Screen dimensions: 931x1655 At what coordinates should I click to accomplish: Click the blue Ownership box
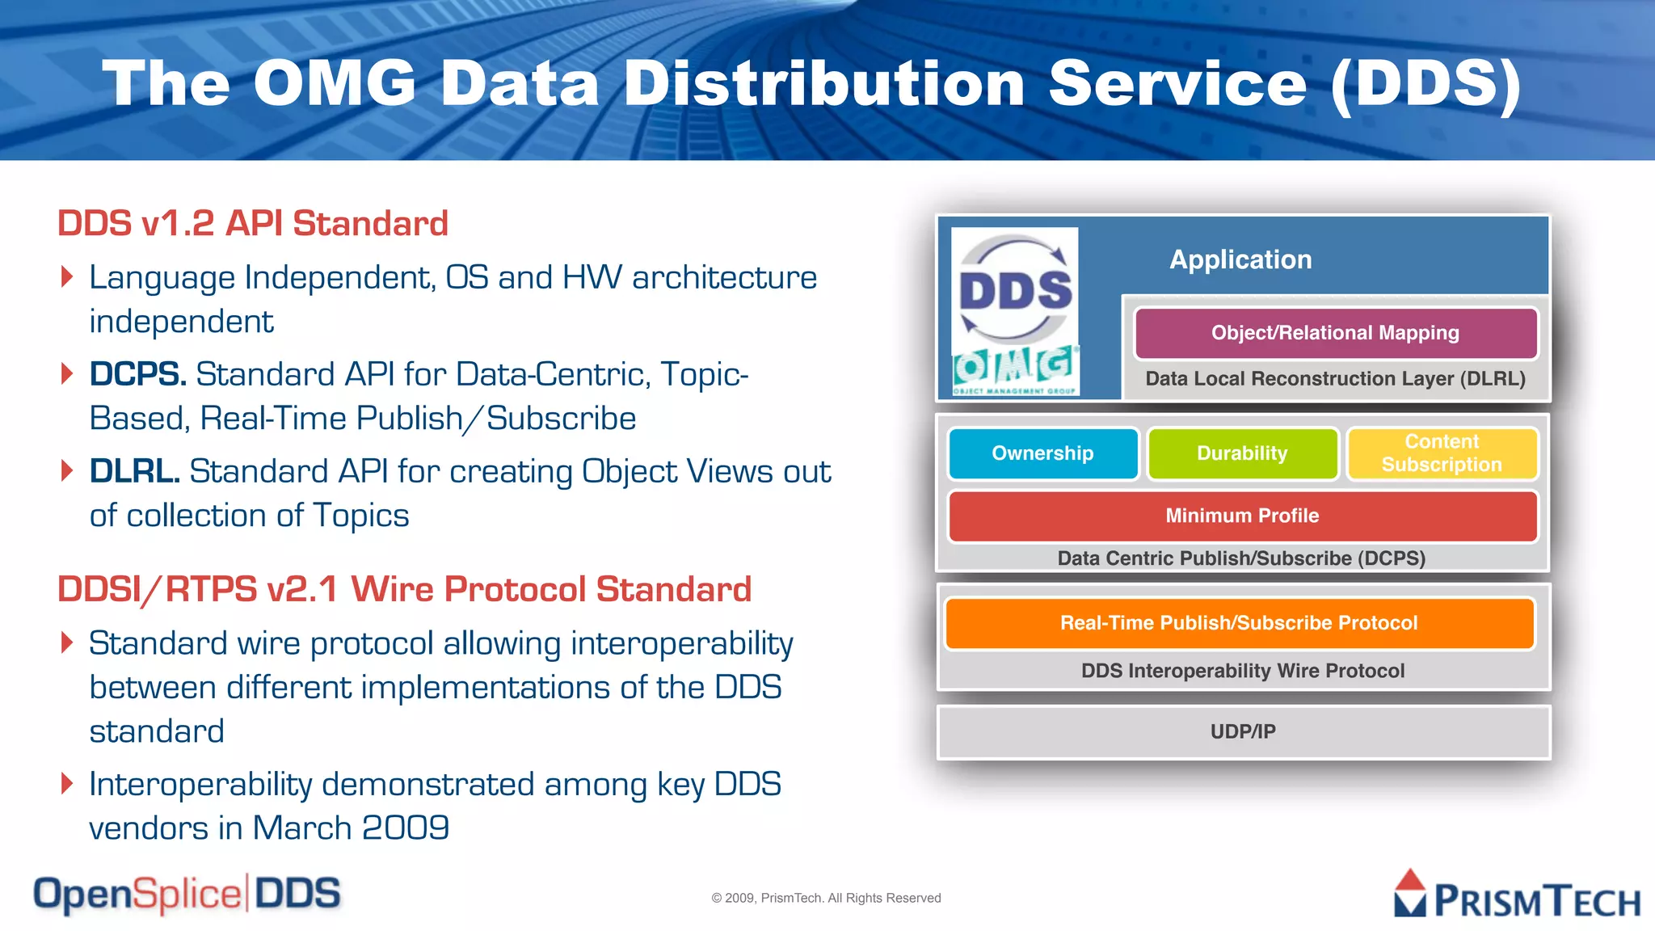tap(1042, 453)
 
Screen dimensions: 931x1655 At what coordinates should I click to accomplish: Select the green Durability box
tap(1242, 453)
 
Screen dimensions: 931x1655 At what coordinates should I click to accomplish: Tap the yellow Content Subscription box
tap(1442, 453)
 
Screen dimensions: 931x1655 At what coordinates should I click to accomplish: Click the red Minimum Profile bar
tap(1242, 516)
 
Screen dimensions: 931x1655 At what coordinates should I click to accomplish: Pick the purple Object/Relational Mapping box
tap(1335, 333)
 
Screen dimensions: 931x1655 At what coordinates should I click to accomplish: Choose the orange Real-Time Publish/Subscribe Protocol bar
tap(1239, 623)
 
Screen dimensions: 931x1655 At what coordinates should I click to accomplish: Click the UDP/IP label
tap(1243, 731)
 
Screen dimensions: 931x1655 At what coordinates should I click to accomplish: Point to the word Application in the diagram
tap(1240, 259)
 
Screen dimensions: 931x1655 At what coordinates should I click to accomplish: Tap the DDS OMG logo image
tap(1015, 311)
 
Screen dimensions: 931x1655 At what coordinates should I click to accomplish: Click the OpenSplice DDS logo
tap(187, 894)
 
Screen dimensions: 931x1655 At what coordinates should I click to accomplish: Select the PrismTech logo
tap(1517, 895)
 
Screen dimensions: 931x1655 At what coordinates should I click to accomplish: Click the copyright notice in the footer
tap(826, 898)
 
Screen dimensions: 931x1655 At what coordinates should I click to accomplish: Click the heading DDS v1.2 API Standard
tap(252, 224)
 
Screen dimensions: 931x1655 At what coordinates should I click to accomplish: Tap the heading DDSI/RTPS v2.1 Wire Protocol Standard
tap(404, 589)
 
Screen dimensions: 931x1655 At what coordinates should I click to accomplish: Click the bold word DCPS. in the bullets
tap(137, 375)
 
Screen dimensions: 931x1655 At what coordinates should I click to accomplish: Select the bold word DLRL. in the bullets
tap(134, 472)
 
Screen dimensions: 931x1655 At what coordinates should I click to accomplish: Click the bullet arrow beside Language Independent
tap(67, 277)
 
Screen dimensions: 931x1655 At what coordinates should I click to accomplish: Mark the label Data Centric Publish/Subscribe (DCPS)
tap(1241, 558)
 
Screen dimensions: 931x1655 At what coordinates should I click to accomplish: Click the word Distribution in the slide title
tap(824, 84)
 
